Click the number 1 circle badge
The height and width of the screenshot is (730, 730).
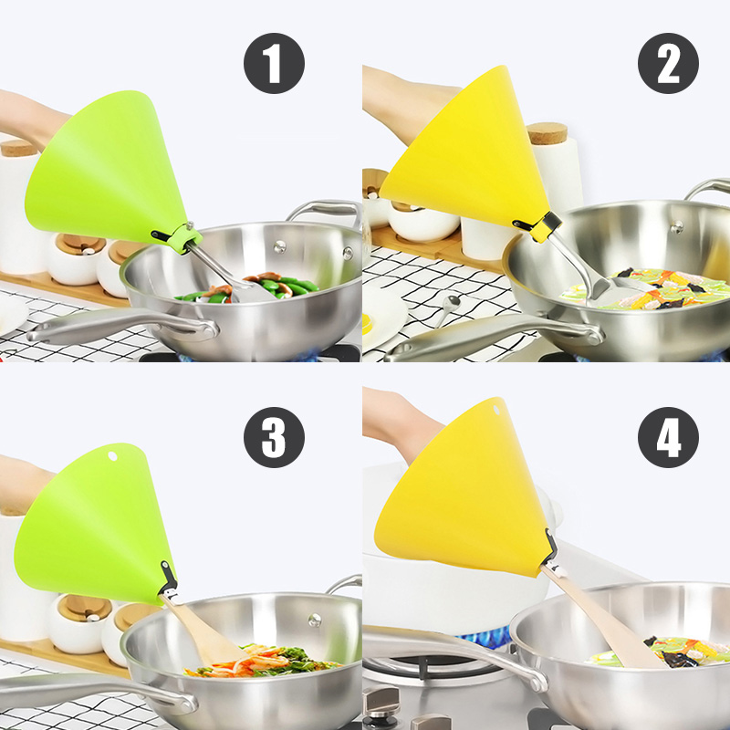pos(274,63)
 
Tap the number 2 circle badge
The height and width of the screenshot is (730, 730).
pos(668,63)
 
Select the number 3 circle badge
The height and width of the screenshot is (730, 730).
pos(274,438)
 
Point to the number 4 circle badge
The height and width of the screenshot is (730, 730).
pos(668,438)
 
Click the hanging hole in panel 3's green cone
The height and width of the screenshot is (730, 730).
pos(112,455)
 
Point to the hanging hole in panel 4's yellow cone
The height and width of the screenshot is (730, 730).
pos(495,410)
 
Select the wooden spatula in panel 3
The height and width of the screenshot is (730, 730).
pos(204,629)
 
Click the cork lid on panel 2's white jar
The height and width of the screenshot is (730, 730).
pos(547,133)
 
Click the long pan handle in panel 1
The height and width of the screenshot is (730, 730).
pos(122,326)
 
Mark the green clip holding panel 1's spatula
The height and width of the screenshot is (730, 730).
pos(185,238)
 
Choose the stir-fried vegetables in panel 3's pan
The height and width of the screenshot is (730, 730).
pos(263,661)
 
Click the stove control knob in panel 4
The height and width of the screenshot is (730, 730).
pos(381,704)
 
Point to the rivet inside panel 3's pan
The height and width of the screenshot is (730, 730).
pos(315,620)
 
